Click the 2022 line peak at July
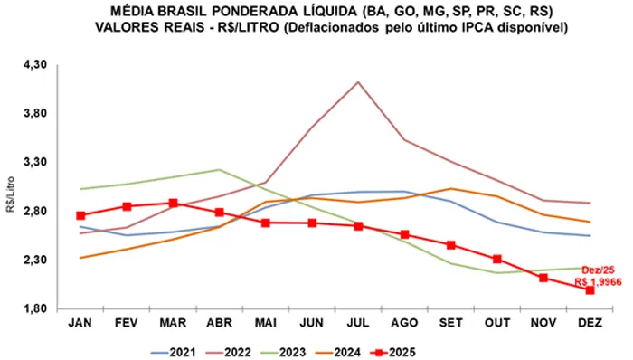(x=358, y=82)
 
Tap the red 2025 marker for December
(x=590, y=289)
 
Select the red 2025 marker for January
(x=80, y=215)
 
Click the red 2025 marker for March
(x=173, y=204)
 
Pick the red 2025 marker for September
(x=450, y=245)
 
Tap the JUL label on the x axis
(x=358, y=322)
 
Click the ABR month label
(x=219, y=322)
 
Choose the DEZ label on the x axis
(x=590, y=322)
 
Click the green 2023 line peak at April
(x=219, y=169)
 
